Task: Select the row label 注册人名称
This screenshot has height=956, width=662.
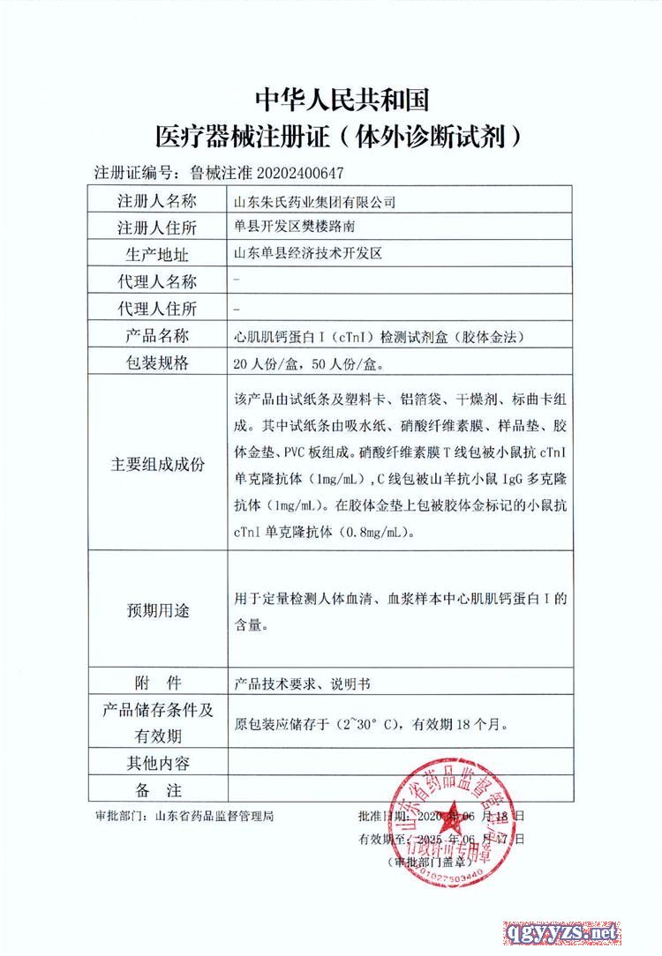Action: click(156, 202)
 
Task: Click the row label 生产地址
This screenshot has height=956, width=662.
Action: click(156, 255)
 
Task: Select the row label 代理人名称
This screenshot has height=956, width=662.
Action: click(156, 281)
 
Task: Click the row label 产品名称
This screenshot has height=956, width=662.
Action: click(156, 335)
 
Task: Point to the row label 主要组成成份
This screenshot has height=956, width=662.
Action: click(156, 464)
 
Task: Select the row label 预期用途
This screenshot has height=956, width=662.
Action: click(156, 610)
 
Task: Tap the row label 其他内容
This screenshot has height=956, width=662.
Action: click(156, 762)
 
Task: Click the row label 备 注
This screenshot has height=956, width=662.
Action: click(156, 789)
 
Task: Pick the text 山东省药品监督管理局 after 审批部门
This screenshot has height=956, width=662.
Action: click(214, 816)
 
